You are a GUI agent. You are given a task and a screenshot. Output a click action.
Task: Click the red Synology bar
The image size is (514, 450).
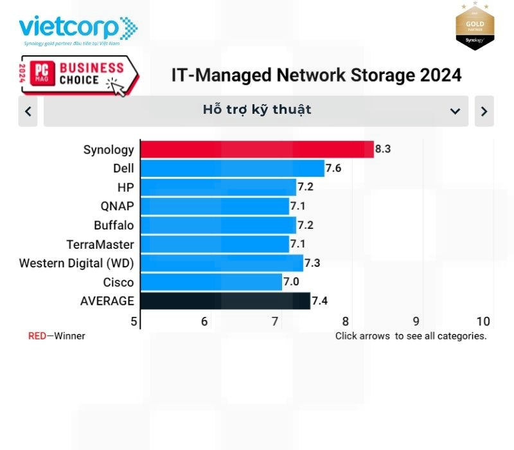(257, 149)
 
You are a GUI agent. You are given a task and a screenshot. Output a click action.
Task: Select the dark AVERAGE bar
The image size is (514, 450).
(225, 301)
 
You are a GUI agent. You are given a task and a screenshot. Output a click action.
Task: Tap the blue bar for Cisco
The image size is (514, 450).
(211, 282)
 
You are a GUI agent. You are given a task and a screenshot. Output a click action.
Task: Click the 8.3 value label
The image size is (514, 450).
(383, 149)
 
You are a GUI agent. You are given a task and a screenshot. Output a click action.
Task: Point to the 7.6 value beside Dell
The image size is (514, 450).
(333, 168)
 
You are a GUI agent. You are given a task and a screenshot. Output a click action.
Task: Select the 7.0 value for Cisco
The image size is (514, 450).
(291, 282)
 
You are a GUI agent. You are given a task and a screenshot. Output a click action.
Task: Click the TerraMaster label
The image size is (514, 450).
(100, 244)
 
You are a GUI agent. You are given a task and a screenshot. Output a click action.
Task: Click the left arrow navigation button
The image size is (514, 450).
(28, 111)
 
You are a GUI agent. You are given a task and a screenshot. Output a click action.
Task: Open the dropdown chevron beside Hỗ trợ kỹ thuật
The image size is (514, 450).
(455, 111)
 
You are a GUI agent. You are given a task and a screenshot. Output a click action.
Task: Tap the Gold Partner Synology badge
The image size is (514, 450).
(475, 26)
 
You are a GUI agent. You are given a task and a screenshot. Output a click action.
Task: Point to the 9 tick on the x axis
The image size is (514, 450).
(416, 321)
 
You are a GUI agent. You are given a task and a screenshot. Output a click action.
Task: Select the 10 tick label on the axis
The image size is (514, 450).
(483, 321)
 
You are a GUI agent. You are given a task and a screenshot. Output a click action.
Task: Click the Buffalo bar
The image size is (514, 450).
(218, 225)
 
